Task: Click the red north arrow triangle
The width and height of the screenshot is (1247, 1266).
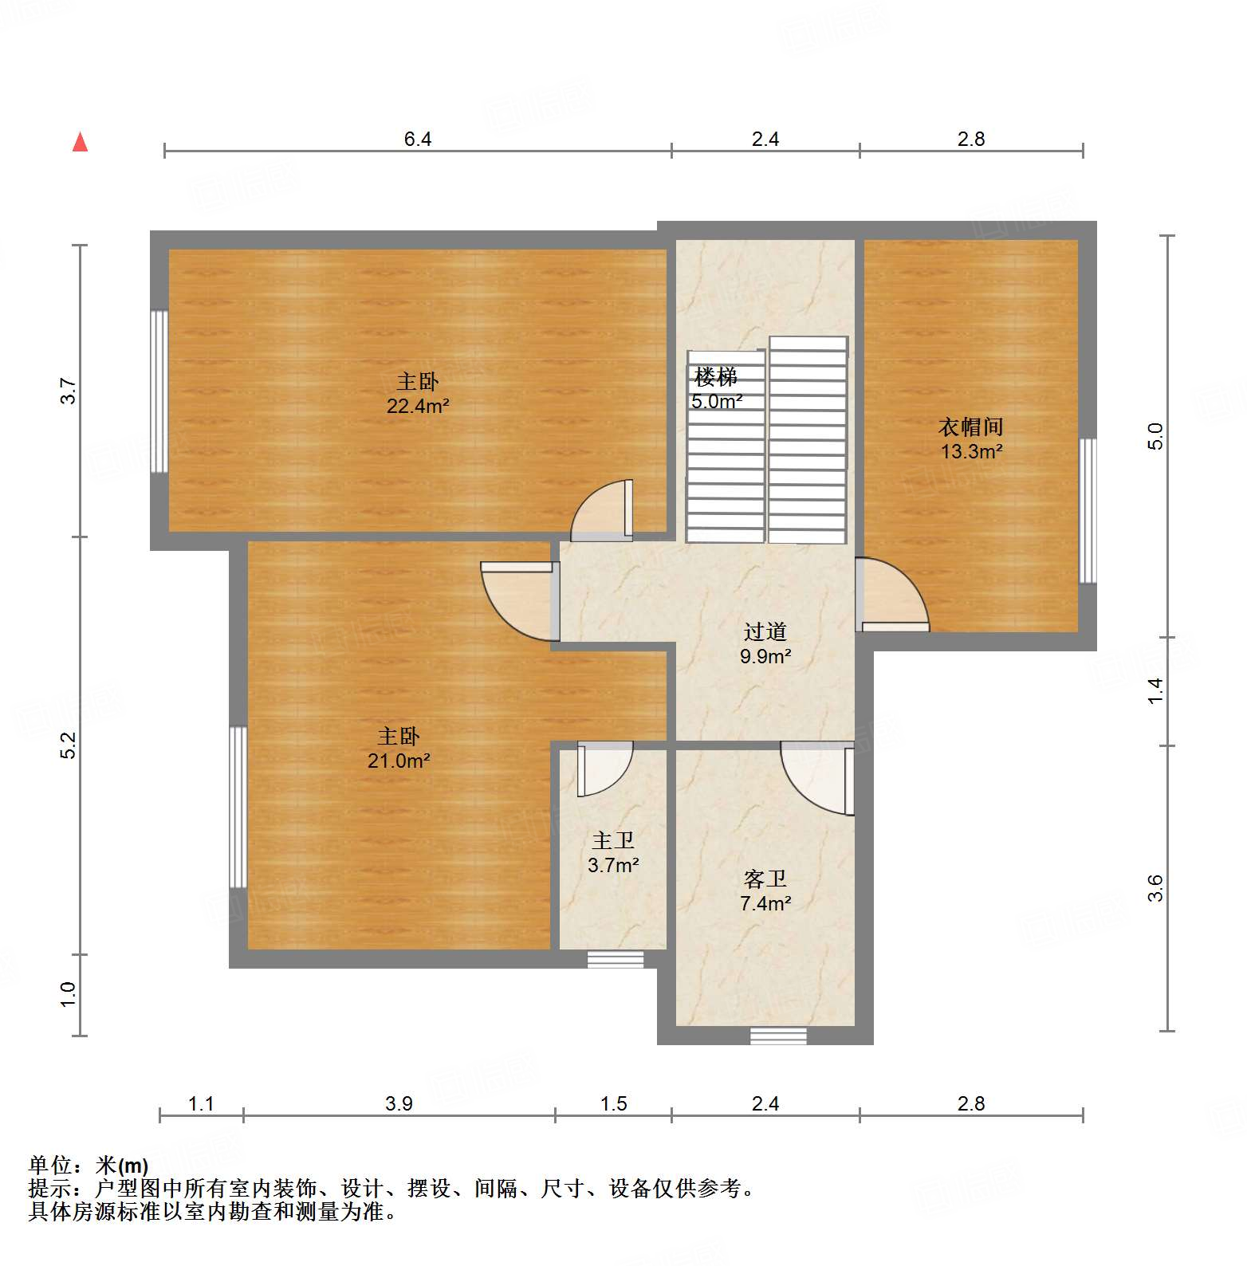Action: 80,143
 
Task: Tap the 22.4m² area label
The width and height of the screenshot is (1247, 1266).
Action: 418,407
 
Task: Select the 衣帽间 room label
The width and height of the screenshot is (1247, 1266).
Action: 970,427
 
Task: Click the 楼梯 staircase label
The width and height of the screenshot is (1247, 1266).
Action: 715,376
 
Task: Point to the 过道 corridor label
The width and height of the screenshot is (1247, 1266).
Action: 765,631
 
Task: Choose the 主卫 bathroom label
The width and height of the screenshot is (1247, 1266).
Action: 613,840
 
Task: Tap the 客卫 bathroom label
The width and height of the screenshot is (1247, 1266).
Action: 765,879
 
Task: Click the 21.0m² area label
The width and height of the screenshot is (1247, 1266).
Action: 399,761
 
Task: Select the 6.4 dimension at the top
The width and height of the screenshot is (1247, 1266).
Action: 417,140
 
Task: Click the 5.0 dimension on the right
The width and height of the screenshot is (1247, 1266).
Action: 1155,436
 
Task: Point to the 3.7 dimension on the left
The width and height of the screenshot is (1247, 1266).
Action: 69,391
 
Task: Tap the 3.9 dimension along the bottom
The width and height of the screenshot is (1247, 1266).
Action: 399,1103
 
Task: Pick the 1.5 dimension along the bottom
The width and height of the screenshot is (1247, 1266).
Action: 613,1103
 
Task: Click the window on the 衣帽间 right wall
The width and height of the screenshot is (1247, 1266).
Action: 1088,510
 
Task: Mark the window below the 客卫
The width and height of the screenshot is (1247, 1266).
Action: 778,1036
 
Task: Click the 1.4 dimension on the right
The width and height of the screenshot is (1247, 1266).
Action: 1155,690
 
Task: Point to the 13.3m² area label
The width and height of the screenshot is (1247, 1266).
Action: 970,452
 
